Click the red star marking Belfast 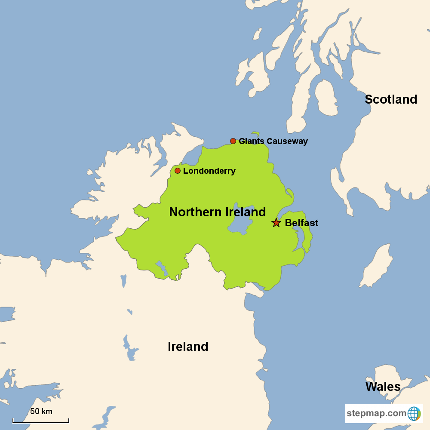point(276,223)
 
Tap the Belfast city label point(301,223)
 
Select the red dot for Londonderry point(178,171)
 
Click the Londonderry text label point(209,171)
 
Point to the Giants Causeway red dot point(233,141)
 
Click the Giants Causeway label point(273,141)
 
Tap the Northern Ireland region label point(217,212)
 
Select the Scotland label point(391,99)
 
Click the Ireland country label point(188,347)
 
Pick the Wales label point(383,387)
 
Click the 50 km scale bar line point(40,422)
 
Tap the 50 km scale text point(41,412)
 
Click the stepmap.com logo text point(376,414)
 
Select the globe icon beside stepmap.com point(414,414)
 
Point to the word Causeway point(287,141)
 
